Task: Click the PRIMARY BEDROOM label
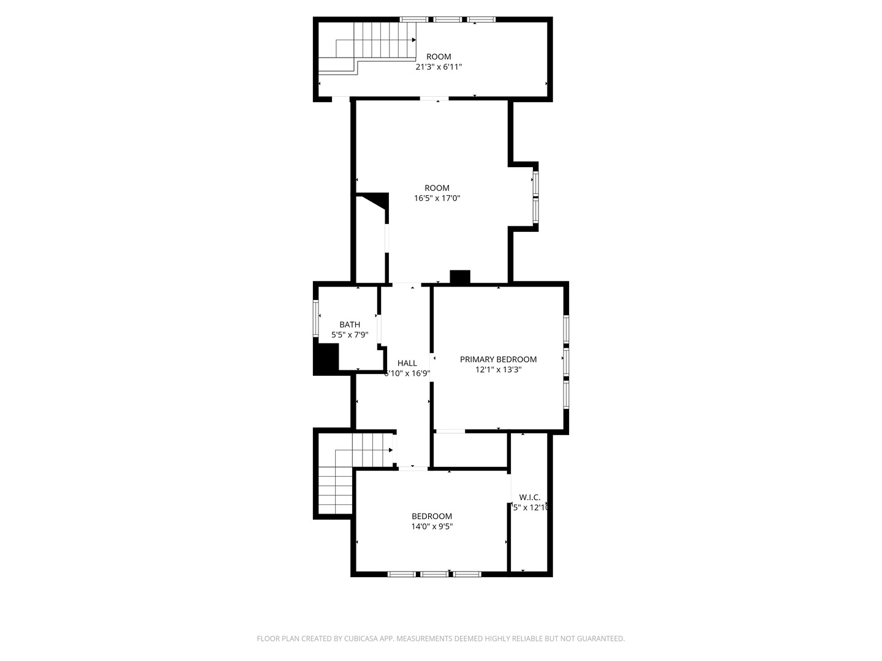pos(498,359)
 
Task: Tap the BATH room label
pos(350,324)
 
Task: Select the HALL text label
pos(407,363)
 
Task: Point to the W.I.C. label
pos(529,497)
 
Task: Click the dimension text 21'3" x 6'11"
pos(439,67)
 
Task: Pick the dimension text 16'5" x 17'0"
pos(437,198)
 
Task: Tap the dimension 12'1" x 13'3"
pos(498,370)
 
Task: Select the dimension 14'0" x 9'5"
pos(432,526)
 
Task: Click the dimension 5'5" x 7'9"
pos(350,335)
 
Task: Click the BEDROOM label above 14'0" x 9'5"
pos(432,516)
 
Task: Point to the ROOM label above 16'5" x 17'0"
pos(437,188)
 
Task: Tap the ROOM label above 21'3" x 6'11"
pos(439,56)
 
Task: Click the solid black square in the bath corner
pos(326,358)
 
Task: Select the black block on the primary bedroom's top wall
pos(459,277)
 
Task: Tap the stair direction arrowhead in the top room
pos(414,40)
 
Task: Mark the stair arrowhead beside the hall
pos(391,450)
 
